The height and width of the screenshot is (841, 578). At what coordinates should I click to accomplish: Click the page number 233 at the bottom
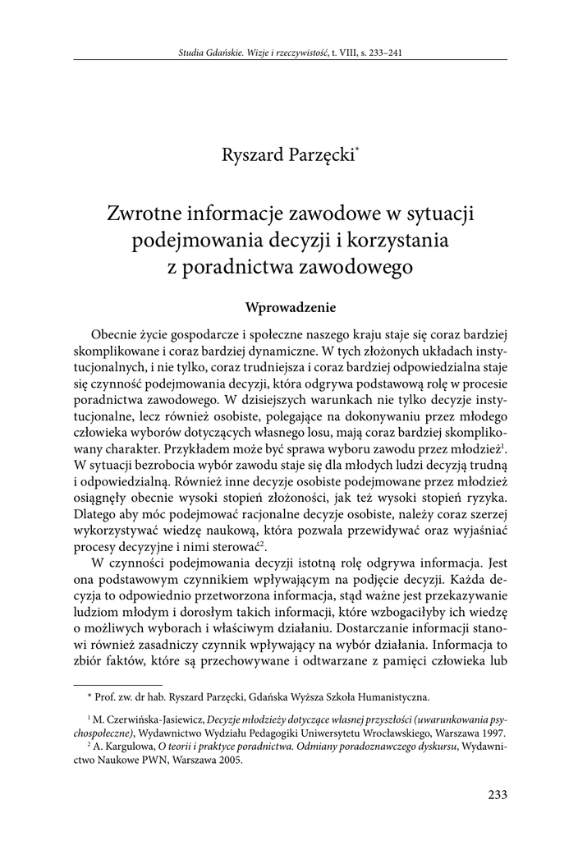tap(498, 794)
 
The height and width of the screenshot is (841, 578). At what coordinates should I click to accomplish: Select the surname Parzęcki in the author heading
tap(319, 153)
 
